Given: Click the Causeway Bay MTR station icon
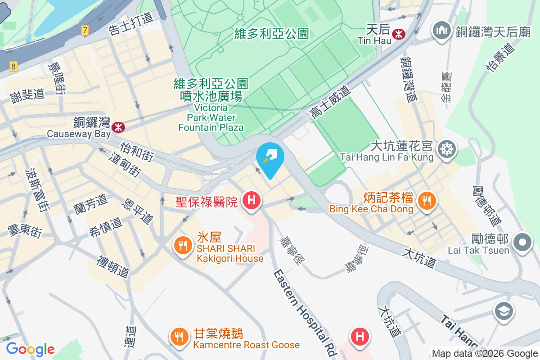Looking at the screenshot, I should (119, 127).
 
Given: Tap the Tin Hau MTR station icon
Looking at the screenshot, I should (398, 34).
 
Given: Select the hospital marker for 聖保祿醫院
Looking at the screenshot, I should (252, 200).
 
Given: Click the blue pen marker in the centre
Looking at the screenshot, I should (270, 157).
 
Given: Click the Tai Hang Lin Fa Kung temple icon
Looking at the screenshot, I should (448, 148).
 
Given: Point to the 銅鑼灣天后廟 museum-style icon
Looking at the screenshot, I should (441, 31).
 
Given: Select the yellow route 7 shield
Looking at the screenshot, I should (85, 31).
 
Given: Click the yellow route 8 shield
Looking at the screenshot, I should (13, 67).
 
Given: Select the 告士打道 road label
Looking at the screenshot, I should (131, 24).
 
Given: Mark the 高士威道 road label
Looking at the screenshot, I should (330, 103).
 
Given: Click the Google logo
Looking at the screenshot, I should (30, 349).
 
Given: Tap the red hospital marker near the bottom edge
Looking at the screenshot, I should (360, 337).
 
